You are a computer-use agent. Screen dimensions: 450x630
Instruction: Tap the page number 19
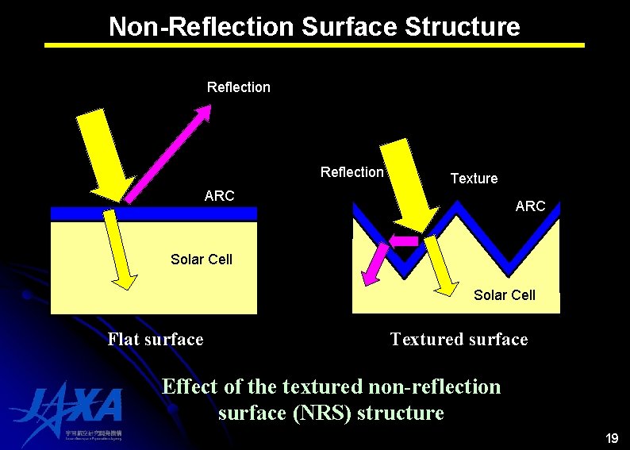(x=611, y=438)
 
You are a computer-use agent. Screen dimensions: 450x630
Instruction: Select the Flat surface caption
(x=156, y=340)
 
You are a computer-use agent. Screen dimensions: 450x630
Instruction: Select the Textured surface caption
(x=459, y=340)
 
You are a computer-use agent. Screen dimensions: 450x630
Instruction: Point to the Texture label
(x=474, y=179)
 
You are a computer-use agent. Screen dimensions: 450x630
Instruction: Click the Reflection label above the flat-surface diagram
(x=238, y=87)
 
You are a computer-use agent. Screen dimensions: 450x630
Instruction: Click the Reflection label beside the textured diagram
(x=351, y=172)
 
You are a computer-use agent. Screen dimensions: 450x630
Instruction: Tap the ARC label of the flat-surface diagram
(x=219, y=195)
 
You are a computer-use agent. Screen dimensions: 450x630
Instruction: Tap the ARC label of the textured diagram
(x=530, y=206)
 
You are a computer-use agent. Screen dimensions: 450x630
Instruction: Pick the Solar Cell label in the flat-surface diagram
(x=202, y=260)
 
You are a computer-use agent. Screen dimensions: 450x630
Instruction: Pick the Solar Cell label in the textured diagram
(x=504, y=295)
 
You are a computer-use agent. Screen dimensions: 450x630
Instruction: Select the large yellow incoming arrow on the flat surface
(x=102, y=155)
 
